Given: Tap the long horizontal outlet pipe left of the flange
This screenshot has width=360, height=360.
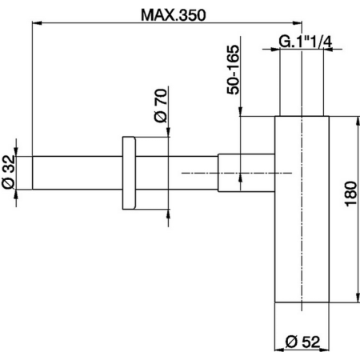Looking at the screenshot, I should coord(76,173).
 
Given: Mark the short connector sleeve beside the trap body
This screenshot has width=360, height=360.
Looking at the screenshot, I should coord(230,173).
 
